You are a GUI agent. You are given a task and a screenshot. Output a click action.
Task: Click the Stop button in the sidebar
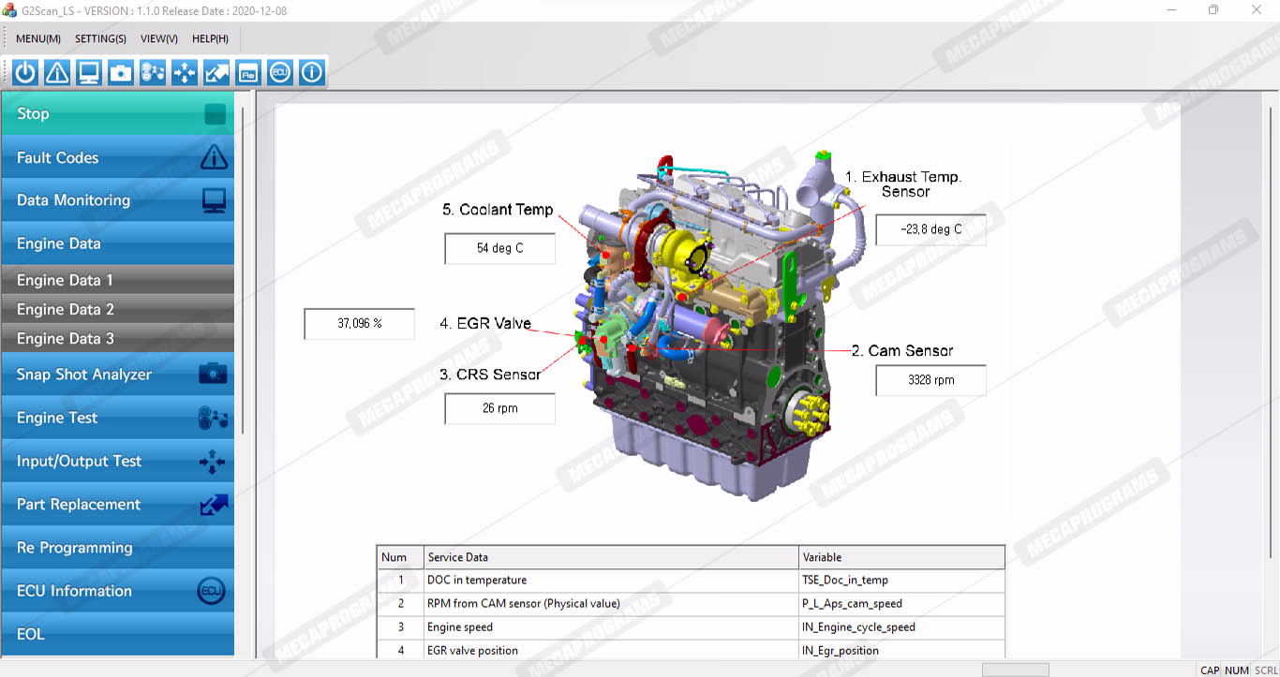(118, 113)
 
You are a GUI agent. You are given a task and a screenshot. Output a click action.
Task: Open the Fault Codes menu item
(118, 157)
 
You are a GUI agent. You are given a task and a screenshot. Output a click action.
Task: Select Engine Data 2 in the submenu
(118, 309)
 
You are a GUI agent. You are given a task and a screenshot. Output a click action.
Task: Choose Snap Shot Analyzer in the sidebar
(118, 374)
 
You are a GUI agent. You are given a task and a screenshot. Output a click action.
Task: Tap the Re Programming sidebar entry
(118, 548)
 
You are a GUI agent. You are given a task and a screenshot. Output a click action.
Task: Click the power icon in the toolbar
(25, 72)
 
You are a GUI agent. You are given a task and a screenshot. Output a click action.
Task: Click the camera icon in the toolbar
(121, 72)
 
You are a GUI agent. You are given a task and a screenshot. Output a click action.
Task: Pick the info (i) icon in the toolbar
(311, 72)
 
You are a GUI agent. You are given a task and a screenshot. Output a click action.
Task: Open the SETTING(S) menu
(100, 38)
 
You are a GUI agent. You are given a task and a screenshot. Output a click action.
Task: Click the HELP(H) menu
(210, 38)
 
